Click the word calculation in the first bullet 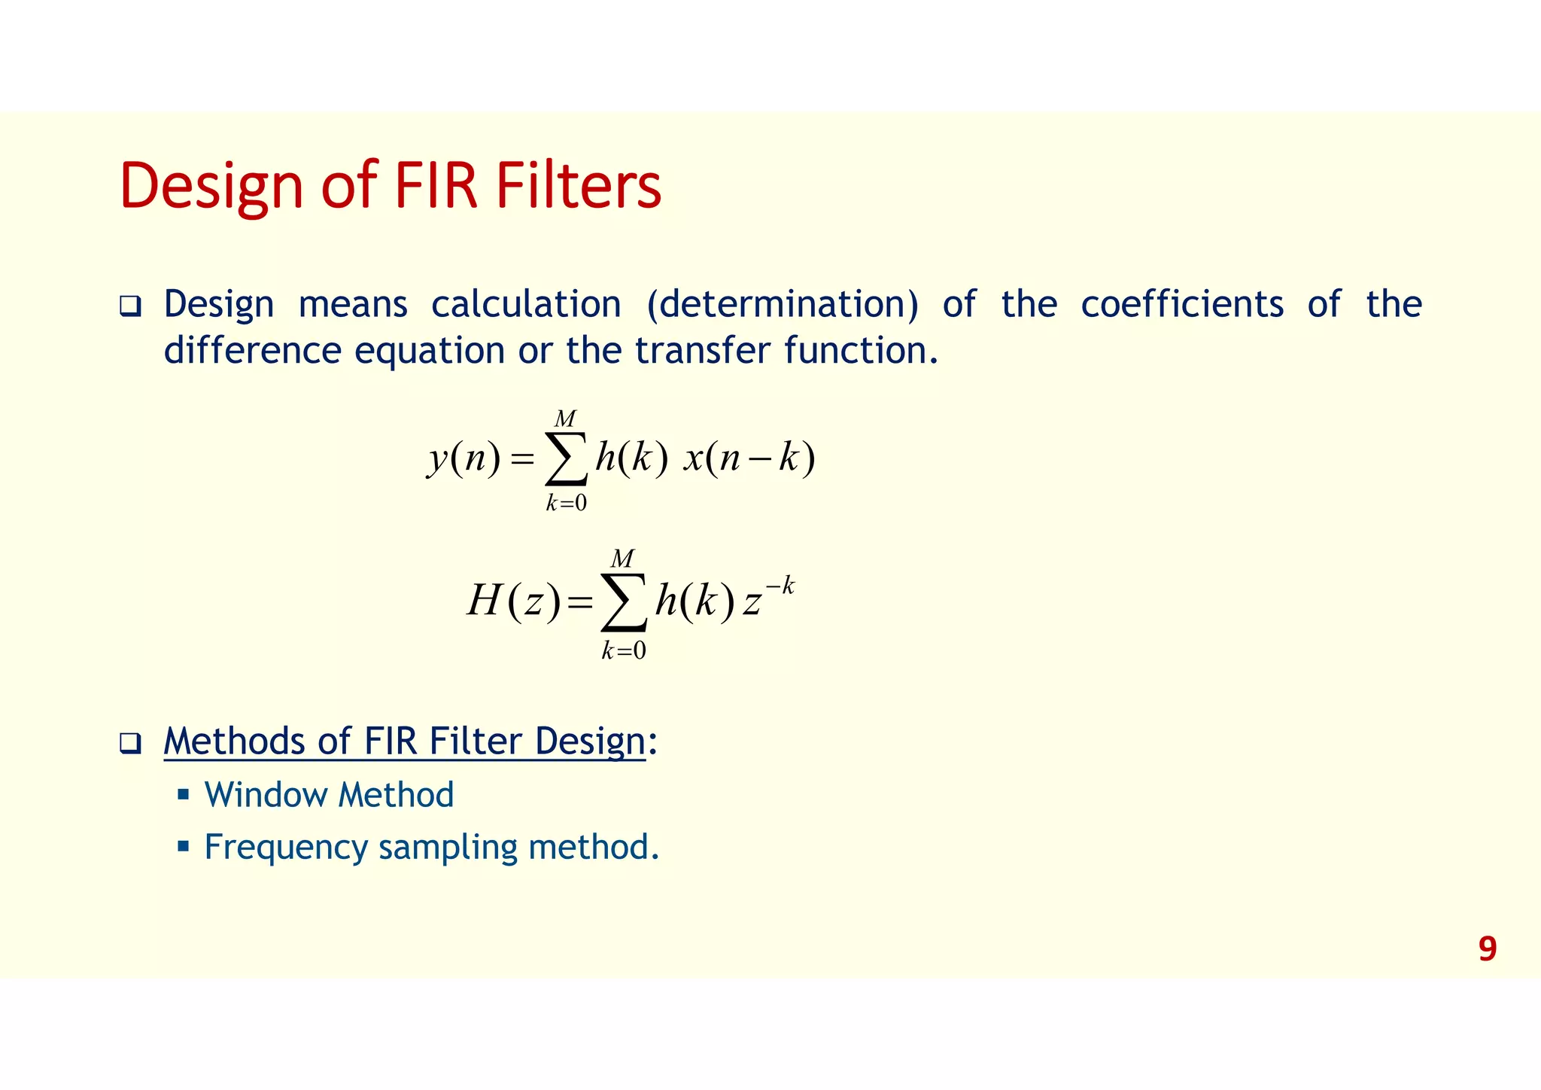[x=526, y=304]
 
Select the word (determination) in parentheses [x=782, y=304]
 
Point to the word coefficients [x=1182, y=304]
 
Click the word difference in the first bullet [x=252, y=350]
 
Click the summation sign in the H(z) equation [x=624, y=601]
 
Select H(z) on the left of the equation [x=513, y=601]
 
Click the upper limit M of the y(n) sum [x=564, y=419]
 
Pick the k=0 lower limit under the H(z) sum [x=623, y=650]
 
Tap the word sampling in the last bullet [x=447, y=848]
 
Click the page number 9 [x=1487, y=948]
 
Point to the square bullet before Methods [x=130, y=744]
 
